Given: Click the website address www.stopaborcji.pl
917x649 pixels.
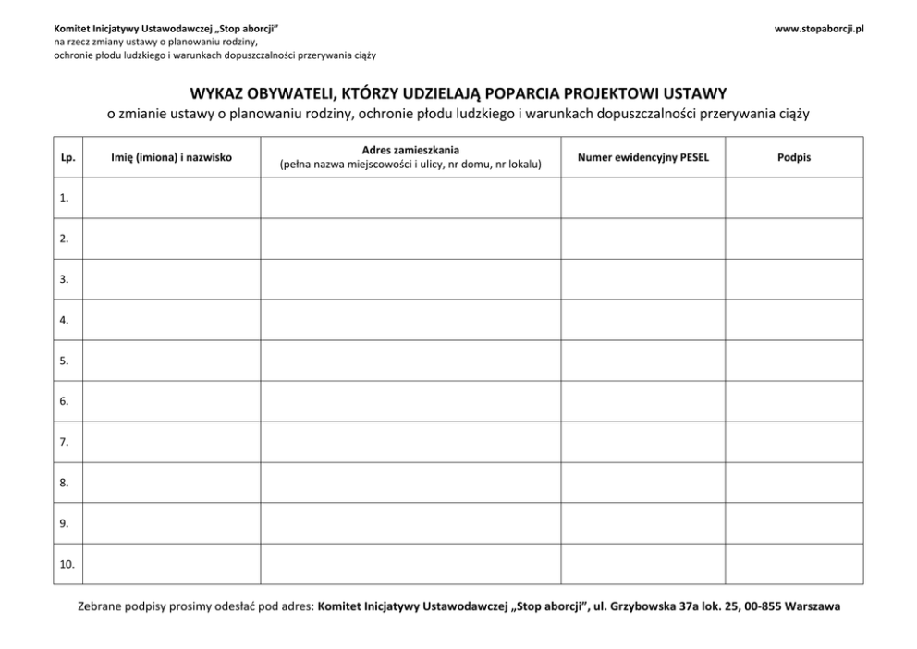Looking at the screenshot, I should pos(818,30).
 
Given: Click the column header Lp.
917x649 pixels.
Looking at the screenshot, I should pos(67,158).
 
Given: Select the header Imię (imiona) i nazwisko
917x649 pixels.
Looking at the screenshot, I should pos(171,158).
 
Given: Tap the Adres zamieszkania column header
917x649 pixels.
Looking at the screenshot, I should pos(410,151).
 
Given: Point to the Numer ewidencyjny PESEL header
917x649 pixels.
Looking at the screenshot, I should pos(642,158).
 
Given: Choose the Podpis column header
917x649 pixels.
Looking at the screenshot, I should pos(794,158).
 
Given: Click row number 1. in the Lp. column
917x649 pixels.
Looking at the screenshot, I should pos(65,198).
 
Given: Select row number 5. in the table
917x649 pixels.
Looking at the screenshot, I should pos(65,361).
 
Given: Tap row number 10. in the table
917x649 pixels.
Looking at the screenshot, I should pos(67,563).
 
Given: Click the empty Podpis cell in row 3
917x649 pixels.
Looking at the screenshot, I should pos(794,279).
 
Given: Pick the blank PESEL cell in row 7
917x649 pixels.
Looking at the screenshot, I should pos(642,442).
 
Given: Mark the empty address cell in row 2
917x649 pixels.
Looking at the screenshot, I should pos(410,239).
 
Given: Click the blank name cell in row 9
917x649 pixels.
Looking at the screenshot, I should pos(171,523).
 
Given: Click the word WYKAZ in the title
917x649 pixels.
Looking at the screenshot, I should pos(217,93).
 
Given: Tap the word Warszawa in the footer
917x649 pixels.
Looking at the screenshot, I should pos(811,607).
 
